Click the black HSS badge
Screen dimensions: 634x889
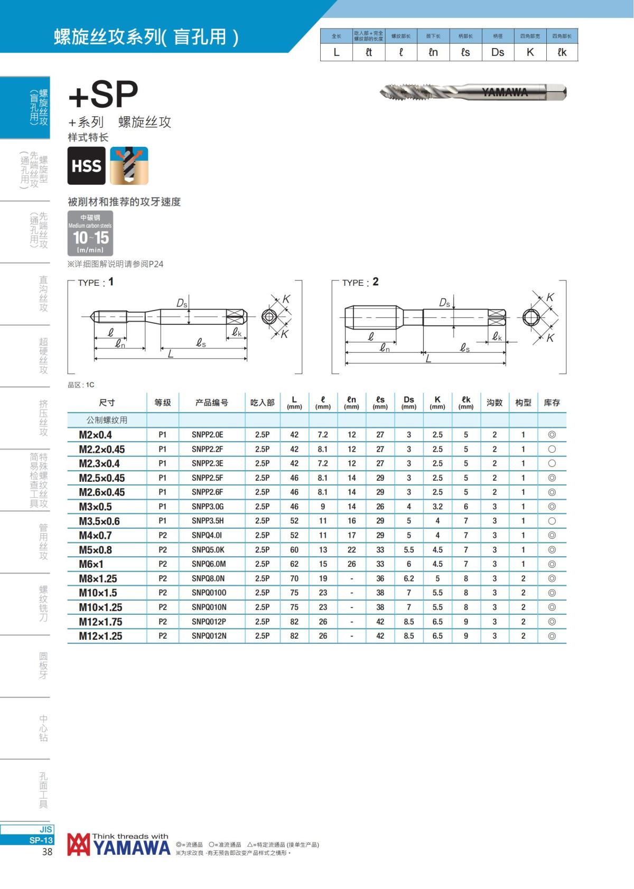(87, 166)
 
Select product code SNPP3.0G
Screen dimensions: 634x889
(208, 507)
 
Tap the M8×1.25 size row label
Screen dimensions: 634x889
(98, 578)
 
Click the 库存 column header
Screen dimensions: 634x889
(552, 403)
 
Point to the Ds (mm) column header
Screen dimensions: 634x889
(408, 403)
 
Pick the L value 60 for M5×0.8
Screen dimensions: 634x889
(294, 550)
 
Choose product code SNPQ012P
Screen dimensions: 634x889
(209, 622)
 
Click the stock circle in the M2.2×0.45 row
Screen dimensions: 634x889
(552, 450)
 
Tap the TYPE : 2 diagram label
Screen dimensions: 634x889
(360, 282)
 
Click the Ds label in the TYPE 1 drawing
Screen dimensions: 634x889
(181, 304)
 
